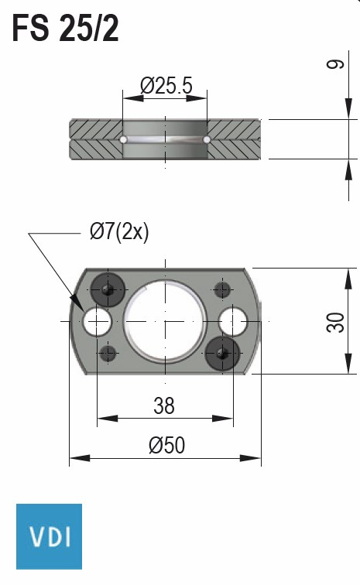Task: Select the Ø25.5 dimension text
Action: tap(166, 86)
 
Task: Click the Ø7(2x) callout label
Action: tap(118, 231)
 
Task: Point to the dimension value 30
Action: tap(334, 321)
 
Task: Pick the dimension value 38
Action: tap(164, 405)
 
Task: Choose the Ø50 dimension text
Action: tap(166, 445)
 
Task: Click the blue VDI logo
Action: tap(49, 536)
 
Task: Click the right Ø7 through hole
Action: tap(232, 320)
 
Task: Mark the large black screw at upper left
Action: tap(107, 289)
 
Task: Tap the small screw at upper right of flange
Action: tap(223, 290)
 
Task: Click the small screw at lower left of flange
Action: tap(108, 353)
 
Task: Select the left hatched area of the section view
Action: tap(95, 139)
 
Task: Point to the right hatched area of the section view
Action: tap(235, 139)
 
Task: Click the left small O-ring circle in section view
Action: tap(123, 139)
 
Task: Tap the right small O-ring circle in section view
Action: tap(207, 139)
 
